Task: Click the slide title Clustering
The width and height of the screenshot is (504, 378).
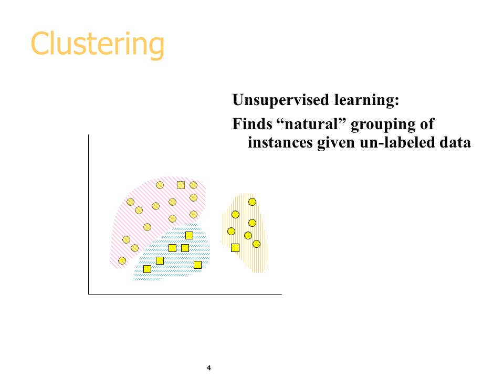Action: (x=98, y=44)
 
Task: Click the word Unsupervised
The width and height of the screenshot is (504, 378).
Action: (x=281, y=100)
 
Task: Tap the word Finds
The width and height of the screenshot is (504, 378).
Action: (x=253, y=124)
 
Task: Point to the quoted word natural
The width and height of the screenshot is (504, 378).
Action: (x=311, y=124)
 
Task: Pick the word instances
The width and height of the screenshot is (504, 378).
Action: (x=280, y=142)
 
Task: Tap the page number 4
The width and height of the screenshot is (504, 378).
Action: (x=209, y=367)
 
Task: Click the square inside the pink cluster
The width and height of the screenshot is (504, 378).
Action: (x=181, y=185)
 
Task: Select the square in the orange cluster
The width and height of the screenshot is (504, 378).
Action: (x=235, y=248)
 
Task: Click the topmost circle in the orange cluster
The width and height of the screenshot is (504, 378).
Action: (x=253, y=202)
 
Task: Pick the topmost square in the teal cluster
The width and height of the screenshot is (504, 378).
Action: (x=190, y=235)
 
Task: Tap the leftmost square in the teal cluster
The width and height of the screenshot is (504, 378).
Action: (x=147, y=269)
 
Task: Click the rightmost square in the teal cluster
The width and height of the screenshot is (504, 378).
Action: (x=198, y=265)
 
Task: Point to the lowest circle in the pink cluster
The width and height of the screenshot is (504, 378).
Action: (x=122, y=261)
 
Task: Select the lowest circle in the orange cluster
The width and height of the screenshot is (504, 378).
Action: (x=257, y=244)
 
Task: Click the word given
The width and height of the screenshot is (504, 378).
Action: (x=336, y=143)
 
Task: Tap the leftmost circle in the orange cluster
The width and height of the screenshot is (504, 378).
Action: (x=231, y=231)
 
